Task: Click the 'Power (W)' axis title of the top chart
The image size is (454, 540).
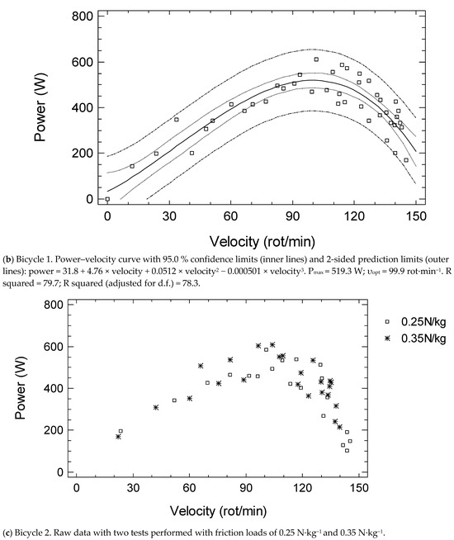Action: pos(44,107)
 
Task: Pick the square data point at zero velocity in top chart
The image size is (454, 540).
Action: pos(107,199)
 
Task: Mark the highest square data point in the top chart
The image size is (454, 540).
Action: pos(316,59)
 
